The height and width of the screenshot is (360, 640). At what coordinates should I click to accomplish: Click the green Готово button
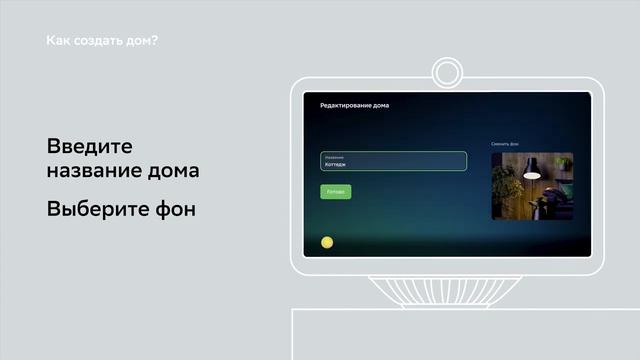[335, 191]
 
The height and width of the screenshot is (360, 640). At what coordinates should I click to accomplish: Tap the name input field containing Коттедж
[393, 161]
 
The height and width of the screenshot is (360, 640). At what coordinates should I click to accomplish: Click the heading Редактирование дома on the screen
[354, 105]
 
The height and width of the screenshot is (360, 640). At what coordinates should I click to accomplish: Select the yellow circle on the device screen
[326, 242]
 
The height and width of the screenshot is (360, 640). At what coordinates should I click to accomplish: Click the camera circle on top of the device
[445, 73]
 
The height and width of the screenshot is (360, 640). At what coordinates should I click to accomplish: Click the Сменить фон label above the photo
[505, 144]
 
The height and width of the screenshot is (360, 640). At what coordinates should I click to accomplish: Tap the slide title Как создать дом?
[103, 42]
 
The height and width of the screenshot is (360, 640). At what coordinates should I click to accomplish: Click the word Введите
[89, 146]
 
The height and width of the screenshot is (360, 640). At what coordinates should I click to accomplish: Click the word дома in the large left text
[173, 171]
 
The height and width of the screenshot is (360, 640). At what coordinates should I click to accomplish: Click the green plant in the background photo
[507, 185]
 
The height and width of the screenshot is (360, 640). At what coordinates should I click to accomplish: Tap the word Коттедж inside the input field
[336, 165]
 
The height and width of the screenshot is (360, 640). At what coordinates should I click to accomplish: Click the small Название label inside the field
[334, 157]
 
